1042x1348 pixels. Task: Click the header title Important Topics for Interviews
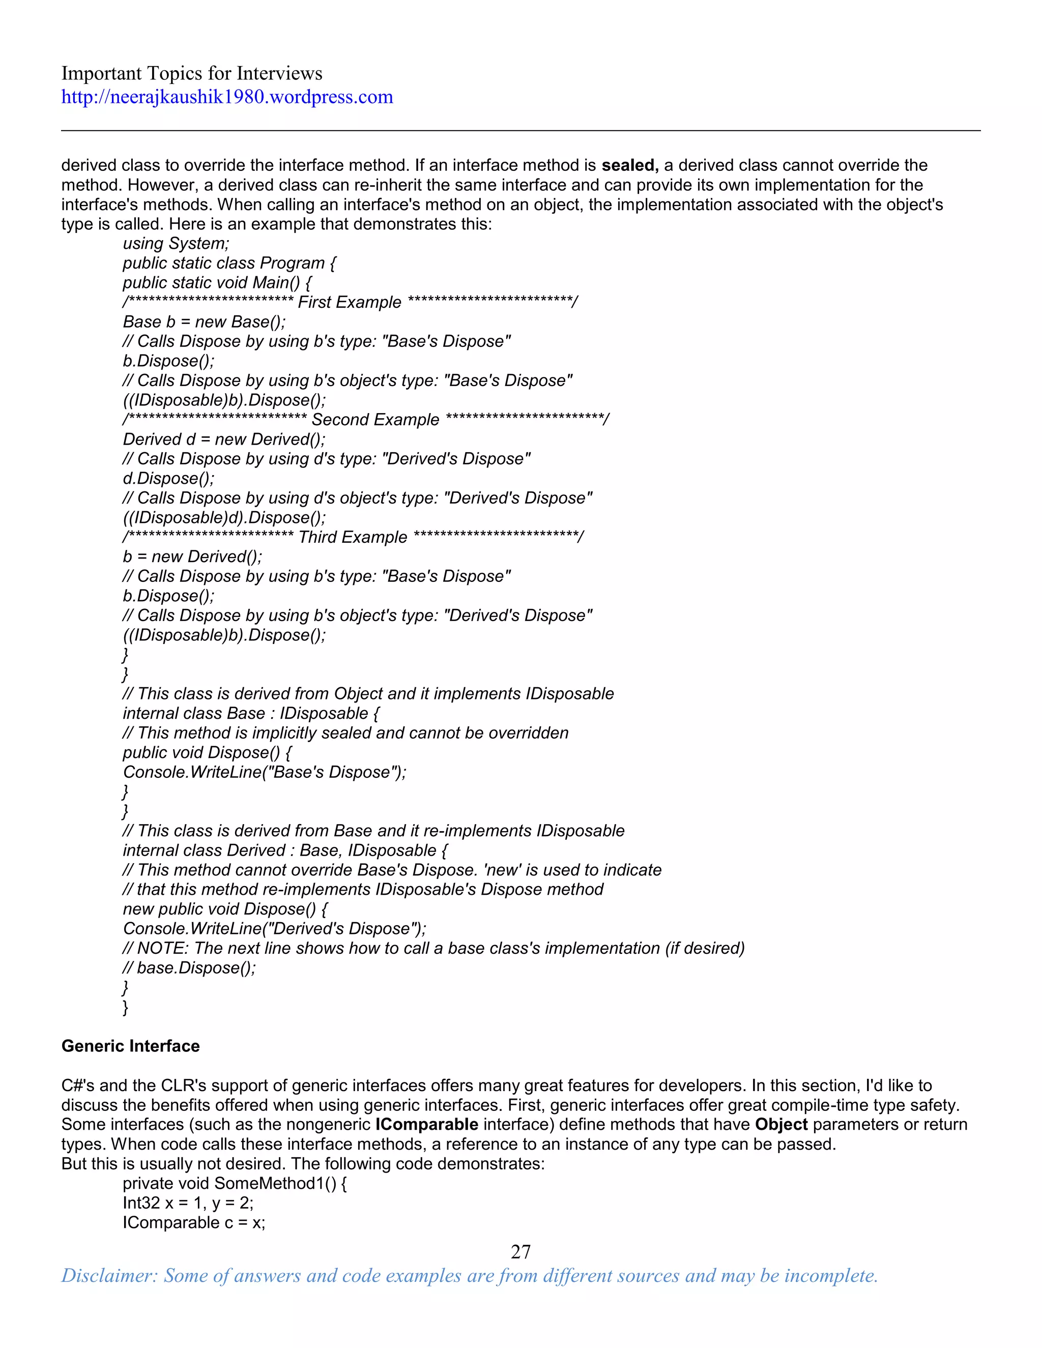click(x=191, y=73)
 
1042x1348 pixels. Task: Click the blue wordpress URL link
click(x=226, y=97)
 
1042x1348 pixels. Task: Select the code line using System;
click(x=176, y=244)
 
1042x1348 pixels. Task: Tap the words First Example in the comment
click(x=350, y=303)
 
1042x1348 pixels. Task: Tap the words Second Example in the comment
click(x=375, y=420)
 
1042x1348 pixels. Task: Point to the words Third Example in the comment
click(x=353, y=537)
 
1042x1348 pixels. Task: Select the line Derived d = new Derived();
click(x=223, y=439)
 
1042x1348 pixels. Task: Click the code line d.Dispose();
click(x=168, y=478)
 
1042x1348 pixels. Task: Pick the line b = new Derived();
click(x=192, y=556)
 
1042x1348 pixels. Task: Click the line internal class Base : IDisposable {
click(x=251, y=714)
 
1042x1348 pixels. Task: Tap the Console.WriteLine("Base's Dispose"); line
click(x=264, y=772)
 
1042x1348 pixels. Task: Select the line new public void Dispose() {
click(x=225, y=909)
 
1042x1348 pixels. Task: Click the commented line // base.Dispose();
click(x=189, y=968)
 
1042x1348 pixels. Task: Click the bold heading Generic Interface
click(x=130, y=1046)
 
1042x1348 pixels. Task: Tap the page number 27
click(x=520, y=1252)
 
